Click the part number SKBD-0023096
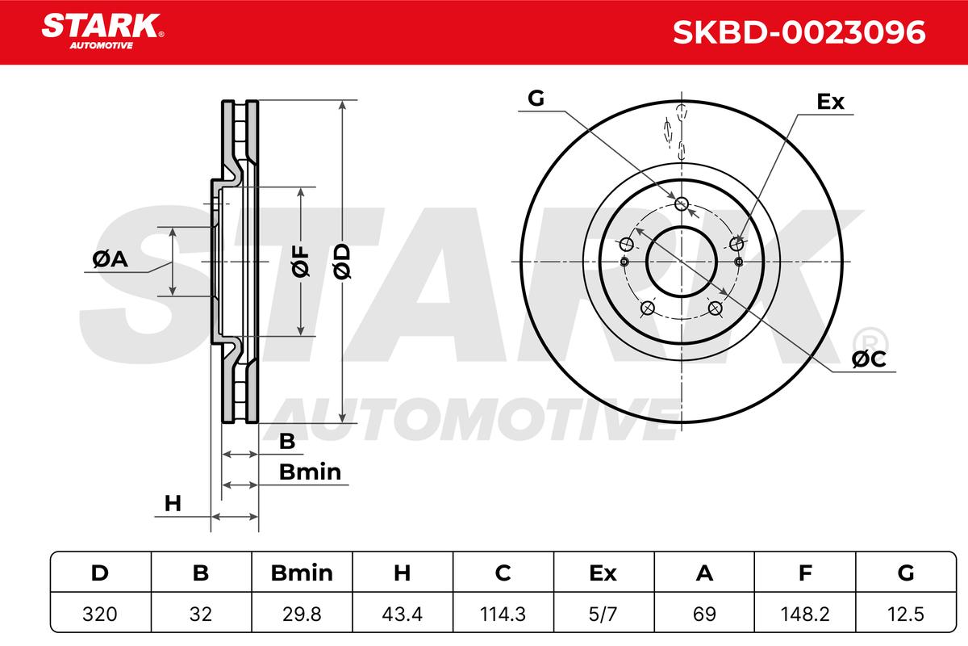[x=799, y=32]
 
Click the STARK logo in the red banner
[x=102, y=31]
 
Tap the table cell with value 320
[x=100, y=613]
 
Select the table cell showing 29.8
[x=302, y=613]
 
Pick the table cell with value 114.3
[x=503, y=613]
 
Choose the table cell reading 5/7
[x=603, y=613]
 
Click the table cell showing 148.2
[x=805, y=613]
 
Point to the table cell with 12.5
[x=906, y=613]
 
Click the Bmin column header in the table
[x=302, y=573]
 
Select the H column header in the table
[x=403, y=573]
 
